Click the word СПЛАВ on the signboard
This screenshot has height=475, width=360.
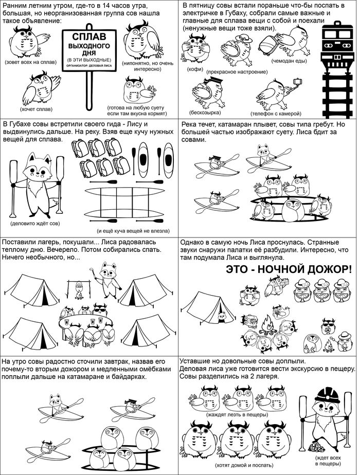point(89,37)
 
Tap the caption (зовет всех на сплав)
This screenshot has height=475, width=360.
point(31,62)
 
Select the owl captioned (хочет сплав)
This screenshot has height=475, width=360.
point(40,87)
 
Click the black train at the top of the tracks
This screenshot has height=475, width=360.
point(337,45)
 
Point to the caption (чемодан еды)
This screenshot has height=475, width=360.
point(289,61)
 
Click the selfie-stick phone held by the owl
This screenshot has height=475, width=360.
point(298,81)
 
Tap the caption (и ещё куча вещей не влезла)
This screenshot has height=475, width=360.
point(133,231)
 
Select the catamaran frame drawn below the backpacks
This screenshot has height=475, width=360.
point(125,202)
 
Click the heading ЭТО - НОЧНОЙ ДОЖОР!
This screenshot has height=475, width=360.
point(289,269)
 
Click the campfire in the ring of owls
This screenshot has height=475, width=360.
point(267,324)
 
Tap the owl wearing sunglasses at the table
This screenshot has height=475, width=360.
point(100,309)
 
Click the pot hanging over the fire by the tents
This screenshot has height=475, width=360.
point(79,285)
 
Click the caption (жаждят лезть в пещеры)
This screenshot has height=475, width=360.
point(237,414)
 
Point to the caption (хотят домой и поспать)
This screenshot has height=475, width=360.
point(244,465)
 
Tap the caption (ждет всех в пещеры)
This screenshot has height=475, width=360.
point(328,461)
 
